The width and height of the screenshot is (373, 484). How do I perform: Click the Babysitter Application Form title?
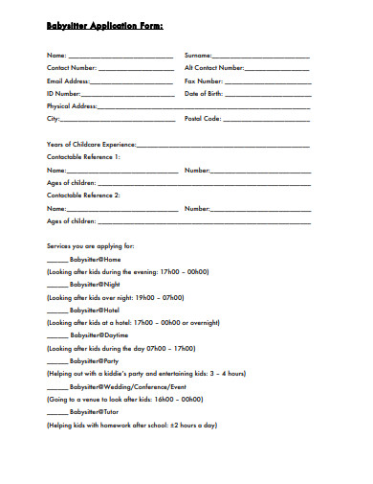tap(105, 27)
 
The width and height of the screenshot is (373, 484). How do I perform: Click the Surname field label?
tap(198, 57)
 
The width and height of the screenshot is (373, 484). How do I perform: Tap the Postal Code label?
tap(203, 119)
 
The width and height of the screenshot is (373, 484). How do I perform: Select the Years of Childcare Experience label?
tap(92, 144)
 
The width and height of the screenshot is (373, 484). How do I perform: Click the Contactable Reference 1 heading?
tap(84, 156)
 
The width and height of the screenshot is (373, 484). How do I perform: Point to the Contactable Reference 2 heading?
tap(84, 196)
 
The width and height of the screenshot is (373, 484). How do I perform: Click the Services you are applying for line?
tap(91, 246)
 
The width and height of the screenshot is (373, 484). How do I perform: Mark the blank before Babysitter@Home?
tap(57, 260)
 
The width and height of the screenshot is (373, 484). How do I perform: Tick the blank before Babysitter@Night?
tap(57, 285)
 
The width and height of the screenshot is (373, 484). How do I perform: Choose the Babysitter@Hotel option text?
tap(97, 310)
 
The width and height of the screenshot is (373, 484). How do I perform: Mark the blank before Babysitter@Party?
tap(57, 360)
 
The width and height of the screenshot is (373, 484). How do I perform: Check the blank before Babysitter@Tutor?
tap(57, 410)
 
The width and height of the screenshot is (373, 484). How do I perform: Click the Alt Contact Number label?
tap(214, 69)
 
